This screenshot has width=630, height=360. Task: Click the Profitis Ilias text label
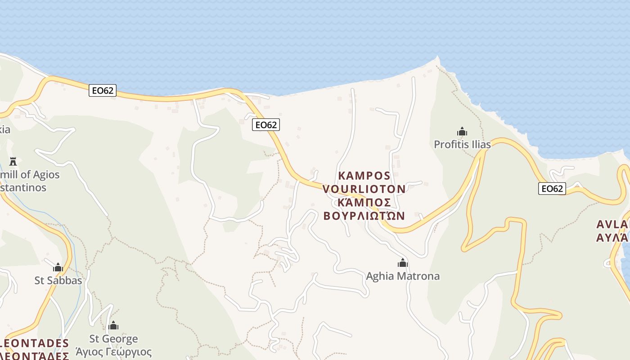point(462,144)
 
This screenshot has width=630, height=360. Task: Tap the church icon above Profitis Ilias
point(462,132)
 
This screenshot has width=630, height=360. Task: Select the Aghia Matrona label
point(403,276)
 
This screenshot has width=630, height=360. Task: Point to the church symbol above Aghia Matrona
point(403,263)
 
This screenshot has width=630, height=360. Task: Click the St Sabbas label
point(58,280)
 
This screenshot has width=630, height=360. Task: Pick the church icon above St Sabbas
point(58,268)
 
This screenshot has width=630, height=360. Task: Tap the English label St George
point(113,338)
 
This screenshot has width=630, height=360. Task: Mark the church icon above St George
point(113,325)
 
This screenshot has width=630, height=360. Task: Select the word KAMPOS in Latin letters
point(364,175)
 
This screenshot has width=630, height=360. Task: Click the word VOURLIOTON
point(364,189)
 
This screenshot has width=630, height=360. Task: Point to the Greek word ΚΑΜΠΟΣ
point(364,202)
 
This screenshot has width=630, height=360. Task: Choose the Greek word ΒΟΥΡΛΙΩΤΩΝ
point(364,216)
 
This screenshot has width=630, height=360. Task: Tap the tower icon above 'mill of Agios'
point(13,161)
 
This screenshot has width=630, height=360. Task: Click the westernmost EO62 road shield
point(103,90)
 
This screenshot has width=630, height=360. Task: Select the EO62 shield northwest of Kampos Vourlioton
point(266,125)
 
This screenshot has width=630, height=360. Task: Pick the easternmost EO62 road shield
point(552,189)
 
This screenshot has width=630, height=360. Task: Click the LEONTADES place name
point(35,343)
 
